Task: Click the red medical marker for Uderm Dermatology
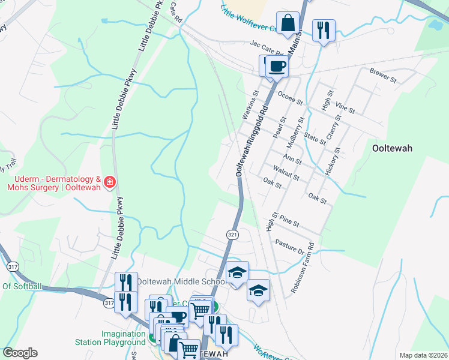pos(109,182)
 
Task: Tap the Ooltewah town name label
pos(392,149)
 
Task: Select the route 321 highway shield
pos(234,233)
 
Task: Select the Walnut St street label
pos(286,173)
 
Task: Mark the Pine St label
pos(289,223)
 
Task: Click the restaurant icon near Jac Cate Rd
pos(324,29)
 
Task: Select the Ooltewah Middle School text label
pos(181,281)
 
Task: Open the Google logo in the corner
pos(20,353)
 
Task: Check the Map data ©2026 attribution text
pos(423,355)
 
